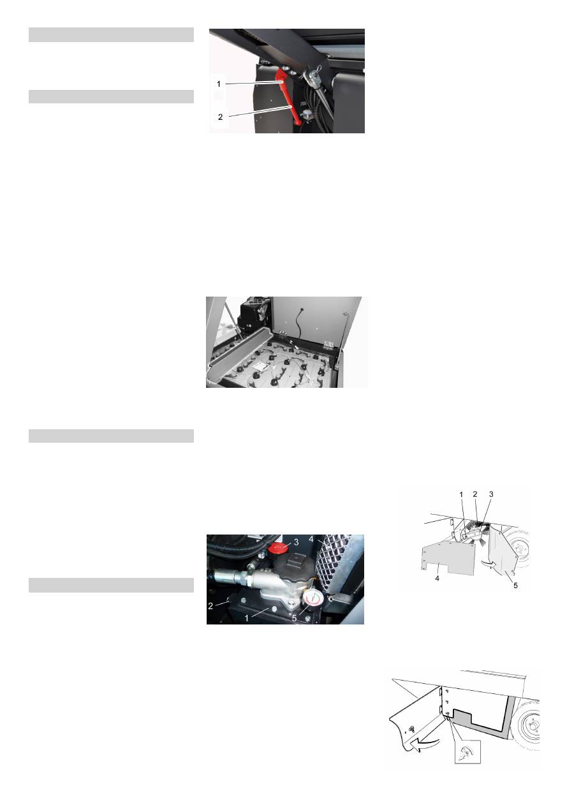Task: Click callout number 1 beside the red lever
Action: pyautogui.click(x=219, y=84)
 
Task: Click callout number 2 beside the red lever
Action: pyautogui.click(x=220, y=117)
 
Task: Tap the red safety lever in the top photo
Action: pyautogui.click(x=289, y=98)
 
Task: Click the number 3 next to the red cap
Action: pyautogui.click(x=296, y=542)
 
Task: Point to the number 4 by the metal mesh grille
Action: pyautogui.click(x=311, y=540)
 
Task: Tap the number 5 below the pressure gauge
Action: pyautogui.click(x=294, y=618)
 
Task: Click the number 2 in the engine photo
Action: pyautogui.click(x=210, y=606)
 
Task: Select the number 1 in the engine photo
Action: pyautogui.click(x=246, y=618)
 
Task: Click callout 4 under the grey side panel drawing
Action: pyautogui.click(x=437, y=579)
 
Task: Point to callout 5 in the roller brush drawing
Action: pyautogui.click(x=515, y=586)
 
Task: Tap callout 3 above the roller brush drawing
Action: pyautogui.click(x=491, y=494)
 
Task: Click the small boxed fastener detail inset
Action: pyautogui.click(x=467, y=752)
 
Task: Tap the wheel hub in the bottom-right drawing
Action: pyautogui.click(x=530, y=728)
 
